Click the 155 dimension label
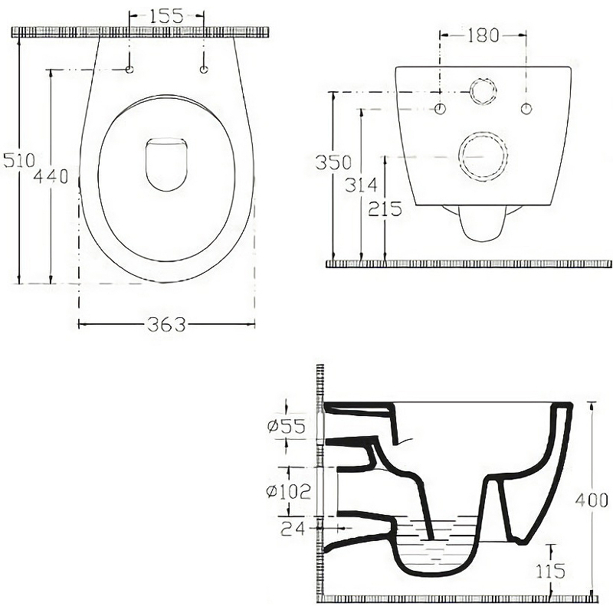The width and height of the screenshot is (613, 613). (166, 15)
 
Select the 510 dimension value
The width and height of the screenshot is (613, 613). (19, 161)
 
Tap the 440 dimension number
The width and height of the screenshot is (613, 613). (51, 176)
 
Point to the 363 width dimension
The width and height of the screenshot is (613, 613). (166, 324)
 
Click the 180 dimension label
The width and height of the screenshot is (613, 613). (484, 35)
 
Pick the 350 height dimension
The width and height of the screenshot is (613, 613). (333, 162)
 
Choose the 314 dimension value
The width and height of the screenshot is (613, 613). (361, 185)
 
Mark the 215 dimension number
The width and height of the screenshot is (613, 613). (385, 208)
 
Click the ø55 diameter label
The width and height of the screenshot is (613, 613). (286, 426)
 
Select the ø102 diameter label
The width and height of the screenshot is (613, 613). (288, 491)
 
